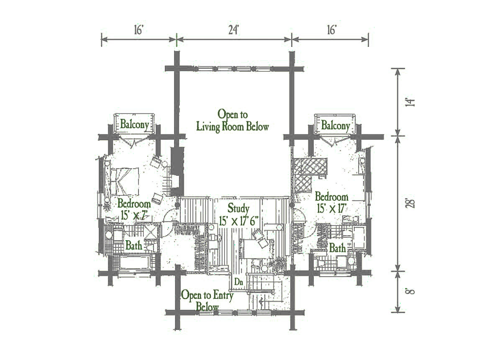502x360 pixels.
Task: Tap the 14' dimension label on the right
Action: pyautogui.click(x=410, y=103)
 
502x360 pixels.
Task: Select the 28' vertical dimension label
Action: pyautogui.click(x=410, y=203)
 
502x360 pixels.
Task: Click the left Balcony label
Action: pyautogui.click(x=135, y=124)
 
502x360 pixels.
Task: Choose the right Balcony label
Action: pyautogui.click(x=336, y=125)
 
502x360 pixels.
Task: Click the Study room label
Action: pyautogui.click(x=238, y=208)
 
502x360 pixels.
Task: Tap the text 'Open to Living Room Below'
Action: pyautogui.click(x=233, y=121)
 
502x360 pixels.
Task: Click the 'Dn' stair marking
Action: pyautogui.click(x=239, y=282)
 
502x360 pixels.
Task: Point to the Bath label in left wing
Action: pyautogui.click(x=134, y=245)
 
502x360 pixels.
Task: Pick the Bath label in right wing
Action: pyautogui.click(x=338, y=248)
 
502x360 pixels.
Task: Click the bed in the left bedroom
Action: pyautogui.click(x=124, y=181)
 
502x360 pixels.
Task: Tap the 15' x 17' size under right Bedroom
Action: pyautogui.click(x=332, y=208)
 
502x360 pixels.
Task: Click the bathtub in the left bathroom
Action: pyautogui.click(x=134, y=262)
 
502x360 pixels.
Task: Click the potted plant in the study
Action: pyautogui.click(x=278, y=265)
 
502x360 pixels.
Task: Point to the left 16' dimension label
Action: pyautogui.click(x=139, y=30)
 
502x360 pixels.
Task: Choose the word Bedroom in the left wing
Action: pyautogui.click(x=134, y=204)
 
